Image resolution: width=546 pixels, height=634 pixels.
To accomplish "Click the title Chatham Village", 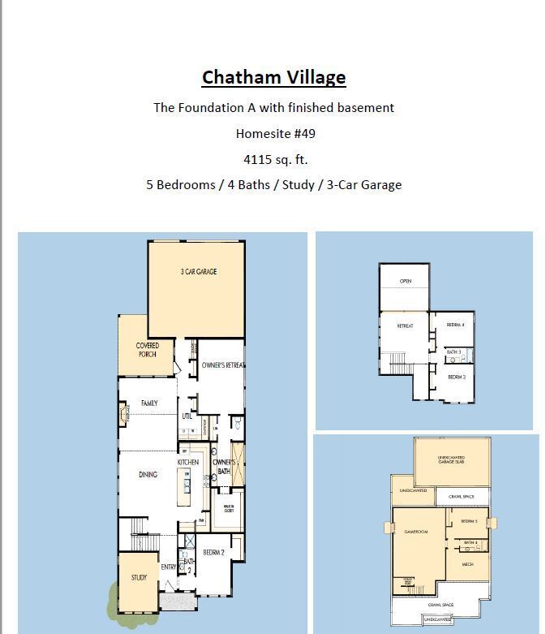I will pos(273,78).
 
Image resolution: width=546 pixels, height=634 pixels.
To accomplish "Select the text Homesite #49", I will pos(273,133).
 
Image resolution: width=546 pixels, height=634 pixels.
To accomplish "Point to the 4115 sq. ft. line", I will pos(273,159).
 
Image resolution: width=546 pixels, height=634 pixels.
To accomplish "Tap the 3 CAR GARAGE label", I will pos(199,272).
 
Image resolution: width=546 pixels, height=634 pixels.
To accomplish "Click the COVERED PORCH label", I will pos(147,350).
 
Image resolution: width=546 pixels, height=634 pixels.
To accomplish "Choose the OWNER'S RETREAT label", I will pos(222,366).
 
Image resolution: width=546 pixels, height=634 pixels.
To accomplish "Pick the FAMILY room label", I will pos(149,403).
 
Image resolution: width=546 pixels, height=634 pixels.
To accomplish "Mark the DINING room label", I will pos(147,475).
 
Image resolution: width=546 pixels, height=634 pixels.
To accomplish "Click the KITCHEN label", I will pos(188,463).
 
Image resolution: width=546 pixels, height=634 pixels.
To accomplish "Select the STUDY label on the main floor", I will pos(139,578).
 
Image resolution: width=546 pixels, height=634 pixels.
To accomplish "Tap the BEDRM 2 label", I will pos(213,553).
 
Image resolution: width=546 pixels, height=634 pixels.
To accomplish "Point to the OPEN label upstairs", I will pos(406,282).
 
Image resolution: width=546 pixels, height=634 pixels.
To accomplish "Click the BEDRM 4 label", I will pos(455,325).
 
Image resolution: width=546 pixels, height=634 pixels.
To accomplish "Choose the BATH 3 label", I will pos(454,352).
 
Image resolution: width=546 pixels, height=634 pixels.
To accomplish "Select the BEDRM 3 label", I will pos(456,377).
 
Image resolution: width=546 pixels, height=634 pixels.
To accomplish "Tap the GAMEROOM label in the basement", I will pos(415,532).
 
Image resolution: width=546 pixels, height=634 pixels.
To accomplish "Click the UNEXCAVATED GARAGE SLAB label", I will pos(451,460).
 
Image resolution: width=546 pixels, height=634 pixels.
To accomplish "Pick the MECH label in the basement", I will pos(467,564).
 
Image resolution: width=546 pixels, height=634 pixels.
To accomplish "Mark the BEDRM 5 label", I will pos(469,521).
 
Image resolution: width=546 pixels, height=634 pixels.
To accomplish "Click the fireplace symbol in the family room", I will pos(124,416).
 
